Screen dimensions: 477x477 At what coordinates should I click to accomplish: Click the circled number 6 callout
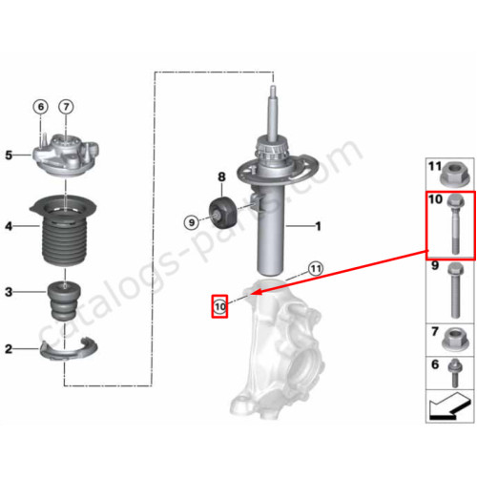[41, 107]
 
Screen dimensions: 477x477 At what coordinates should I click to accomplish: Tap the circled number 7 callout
[66, 107]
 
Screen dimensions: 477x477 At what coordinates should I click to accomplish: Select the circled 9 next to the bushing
[192, 222]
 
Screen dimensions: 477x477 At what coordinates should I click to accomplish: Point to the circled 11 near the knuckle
[316, 269]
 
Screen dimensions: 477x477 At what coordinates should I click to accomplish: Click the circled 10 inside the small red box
[220, 307]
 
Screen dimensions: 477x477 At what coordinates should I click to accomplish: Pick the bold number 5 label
[9, 156]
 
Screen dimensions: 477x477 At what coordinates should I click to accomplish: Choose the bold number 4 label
[9, 226]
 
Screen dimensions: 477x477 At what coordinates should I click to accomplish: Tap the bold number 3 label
[9, 292]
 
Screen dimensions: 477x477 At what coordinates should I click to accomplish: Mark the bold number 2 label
[9, 349]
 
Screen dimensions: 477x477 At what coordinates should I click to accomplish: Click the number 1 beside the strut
[318, 226]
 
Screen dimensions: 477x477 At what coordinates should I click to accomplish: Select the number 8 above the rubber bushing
[221, 176]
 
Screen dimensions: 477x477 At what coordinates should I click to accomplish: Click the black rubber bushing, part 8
[223, 212]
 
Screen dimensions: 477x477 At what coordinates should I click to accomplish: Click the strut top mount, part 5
[66, 154]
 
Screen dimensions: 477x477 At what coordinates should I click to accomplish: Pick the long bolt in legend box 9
[455, 290]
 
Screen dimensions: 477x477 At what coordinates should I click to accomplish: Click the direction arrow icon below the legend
[449, 406]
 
